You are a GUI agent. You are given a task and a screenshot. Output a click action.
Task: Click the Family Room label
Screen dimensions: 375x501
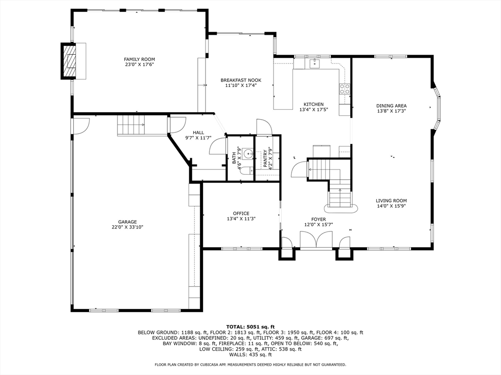pyautogui.click(x=139, y=59)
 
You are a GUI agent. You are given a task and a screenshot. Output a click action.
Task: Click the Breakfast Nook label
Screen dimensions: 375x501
pyautogui.click(x=241, y=80)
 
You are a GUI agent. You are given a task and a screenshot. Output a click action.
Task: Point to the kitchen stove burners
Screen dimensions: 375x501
pyautogui.click(x=345, y=88)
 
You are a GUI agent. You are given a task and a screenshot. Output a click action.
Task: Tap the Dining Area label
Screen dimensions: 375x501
pyautogui.click(x=391, y=105)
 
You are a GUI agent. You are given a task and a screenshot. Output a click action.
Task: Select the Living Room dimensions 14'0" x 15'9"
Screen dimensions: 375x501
pyautogui.click(x=391, y=206)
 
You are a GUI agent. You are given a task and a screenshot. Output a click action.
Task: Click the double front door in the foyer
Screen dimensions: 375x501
pyautogui.click(x=316, y=241)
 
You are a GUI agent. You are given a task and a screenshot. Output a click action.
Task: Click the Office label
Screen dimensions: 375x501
pyautogui.click(x=241, y=213)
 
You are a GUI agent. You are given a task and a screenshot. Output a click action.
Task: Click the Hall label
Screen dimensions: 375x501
pyautogui.click(x=198, y=132)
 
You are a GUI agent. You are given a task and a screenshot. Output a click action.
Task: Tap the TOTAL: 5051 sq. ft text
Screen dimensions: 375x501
pyautogui.click(x=250, y=327)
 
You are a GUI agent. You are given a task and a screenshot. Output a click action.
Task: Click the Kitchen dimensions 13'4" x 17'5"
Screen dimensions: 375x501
pyautogui.click(x=313, y=110)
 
